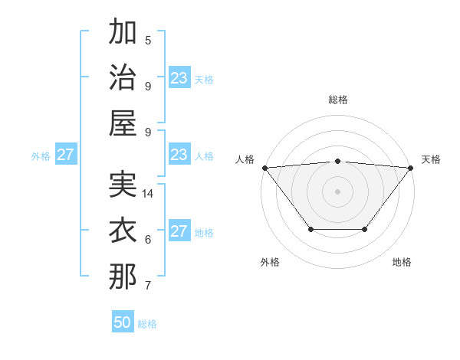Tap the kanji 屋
[123, 123]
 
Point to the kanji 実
[123, 185]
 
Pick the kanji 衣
[123, 231]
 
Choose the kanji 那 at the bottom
[123, 277]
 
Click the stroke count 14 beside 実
[148, 194]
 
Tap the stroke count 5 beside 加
[148, 41]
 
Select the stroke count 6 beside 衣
[148, 240]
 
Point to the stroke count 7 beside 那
[148, 286]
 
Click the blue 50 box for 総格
[123, 322]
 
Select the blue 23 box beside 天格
[179, 78]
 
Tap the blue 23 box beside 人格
[179, 155]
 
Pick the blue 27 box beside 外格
[66, 155]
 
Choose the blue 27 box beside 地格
[179, 231]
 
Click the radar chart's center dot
[337, 191]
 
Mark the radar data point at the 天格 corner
[411, 167]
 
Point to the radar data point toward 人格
[264, 167]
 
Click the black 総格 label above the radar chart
[337, 100]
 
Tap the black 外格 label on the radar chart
[270, 262]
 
